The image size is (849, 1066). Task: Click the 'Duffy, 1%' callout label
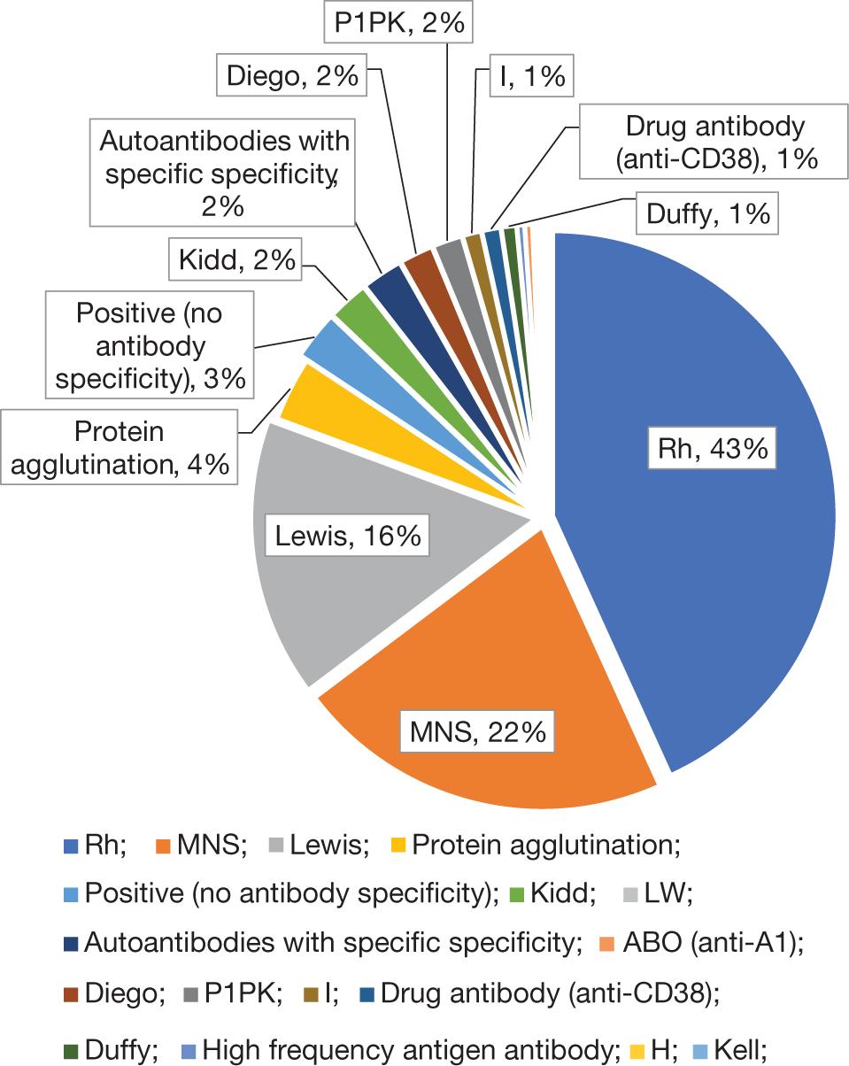point(706,213)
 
